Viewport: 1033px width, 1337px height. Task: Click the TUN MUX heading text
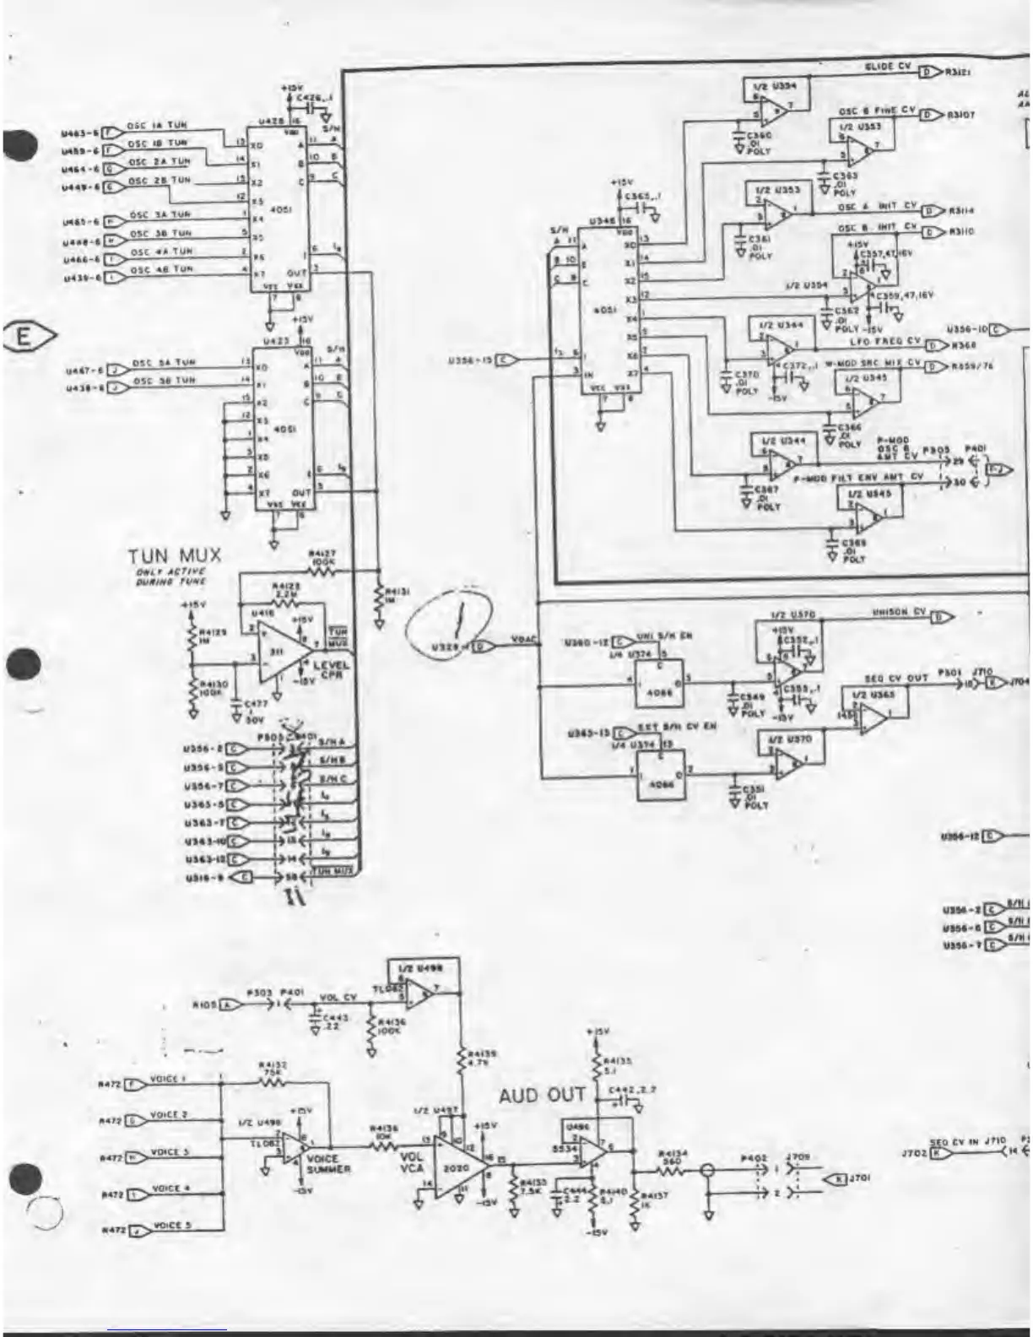pyautogui.click(x=175, y=555)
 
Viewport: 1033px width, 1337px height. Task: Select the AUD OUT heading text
pyautogui.click(x=541, y=1096)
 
